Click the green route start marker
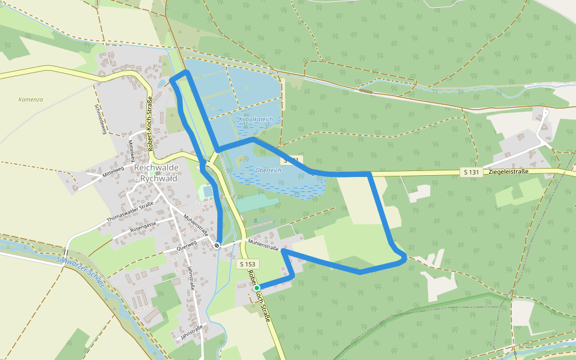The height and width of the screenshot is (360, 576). tap(257, 288)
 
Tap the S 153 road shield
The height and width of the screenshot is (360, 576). tap(248, 264)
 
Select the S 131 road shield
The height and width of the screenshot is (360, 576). tap(472, 172)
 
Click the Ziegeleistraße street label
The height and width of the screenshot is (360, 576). tap(508, 172)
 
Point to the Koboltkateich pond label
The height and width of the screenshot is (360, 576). tap(256, 119)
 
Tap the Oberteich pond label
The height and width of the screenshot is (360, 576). tap(268, 170)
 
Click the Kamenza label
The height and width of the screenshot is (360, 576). tap(31, 100)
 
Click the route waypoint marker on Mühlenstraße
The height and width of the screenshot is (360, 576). tap(217, 245)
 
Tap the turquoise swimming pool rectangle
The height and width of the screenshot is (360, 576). tap(207, 191)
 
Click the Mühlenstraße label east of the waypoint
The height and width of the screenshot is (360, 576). tap(264, 246)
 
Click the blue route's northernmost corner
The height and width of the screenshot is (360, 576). tap(187, 71)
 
